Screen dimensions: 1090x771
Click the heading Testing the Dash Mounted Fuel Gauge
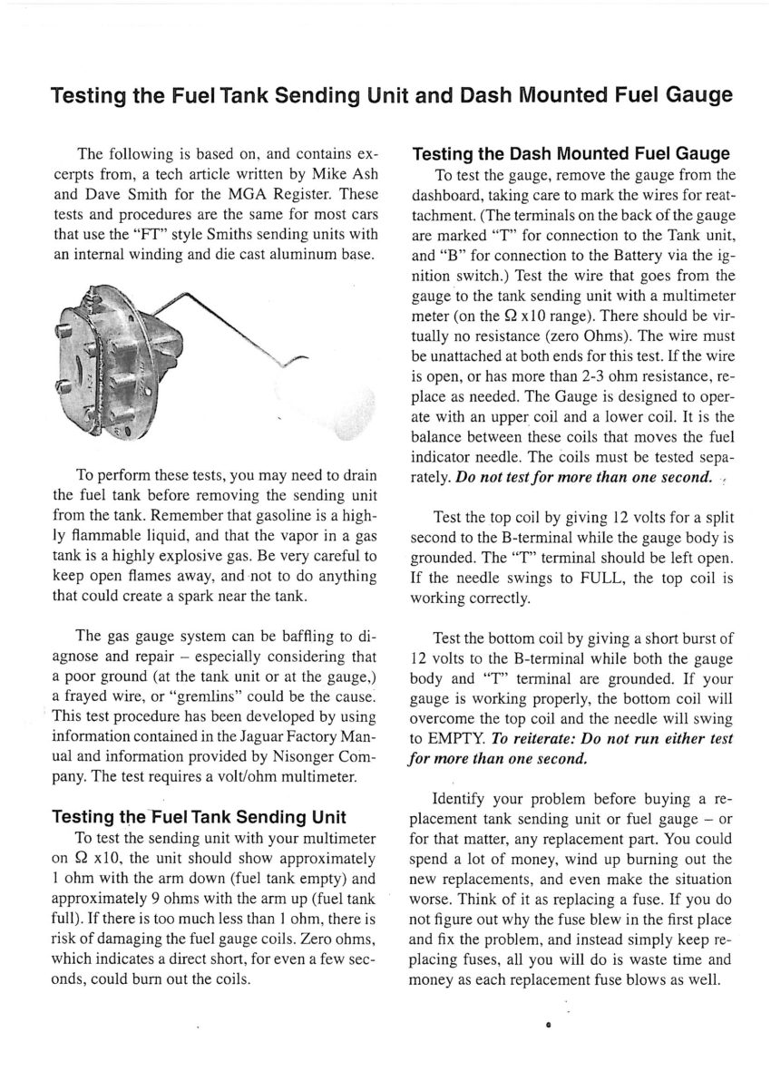(x=577, y=153)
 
